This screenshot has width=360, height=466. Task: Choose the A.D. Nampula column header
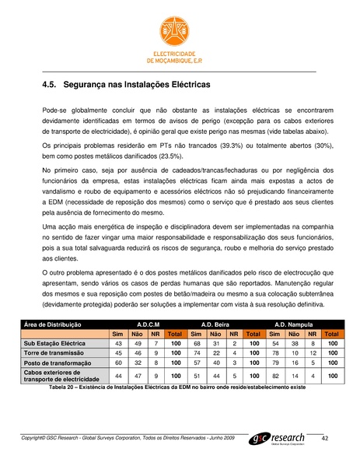(x=292, y=323)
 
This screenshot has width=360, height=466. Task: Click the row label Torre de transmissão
(x=56, y=352)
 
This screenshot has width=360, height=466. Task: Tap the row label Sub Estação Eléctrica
(x=55, y=342)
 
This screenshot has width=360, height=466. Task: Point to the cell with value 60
(x=118, y=362)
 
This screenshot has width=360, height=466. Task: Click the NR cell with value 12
(x=313, y=352)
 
